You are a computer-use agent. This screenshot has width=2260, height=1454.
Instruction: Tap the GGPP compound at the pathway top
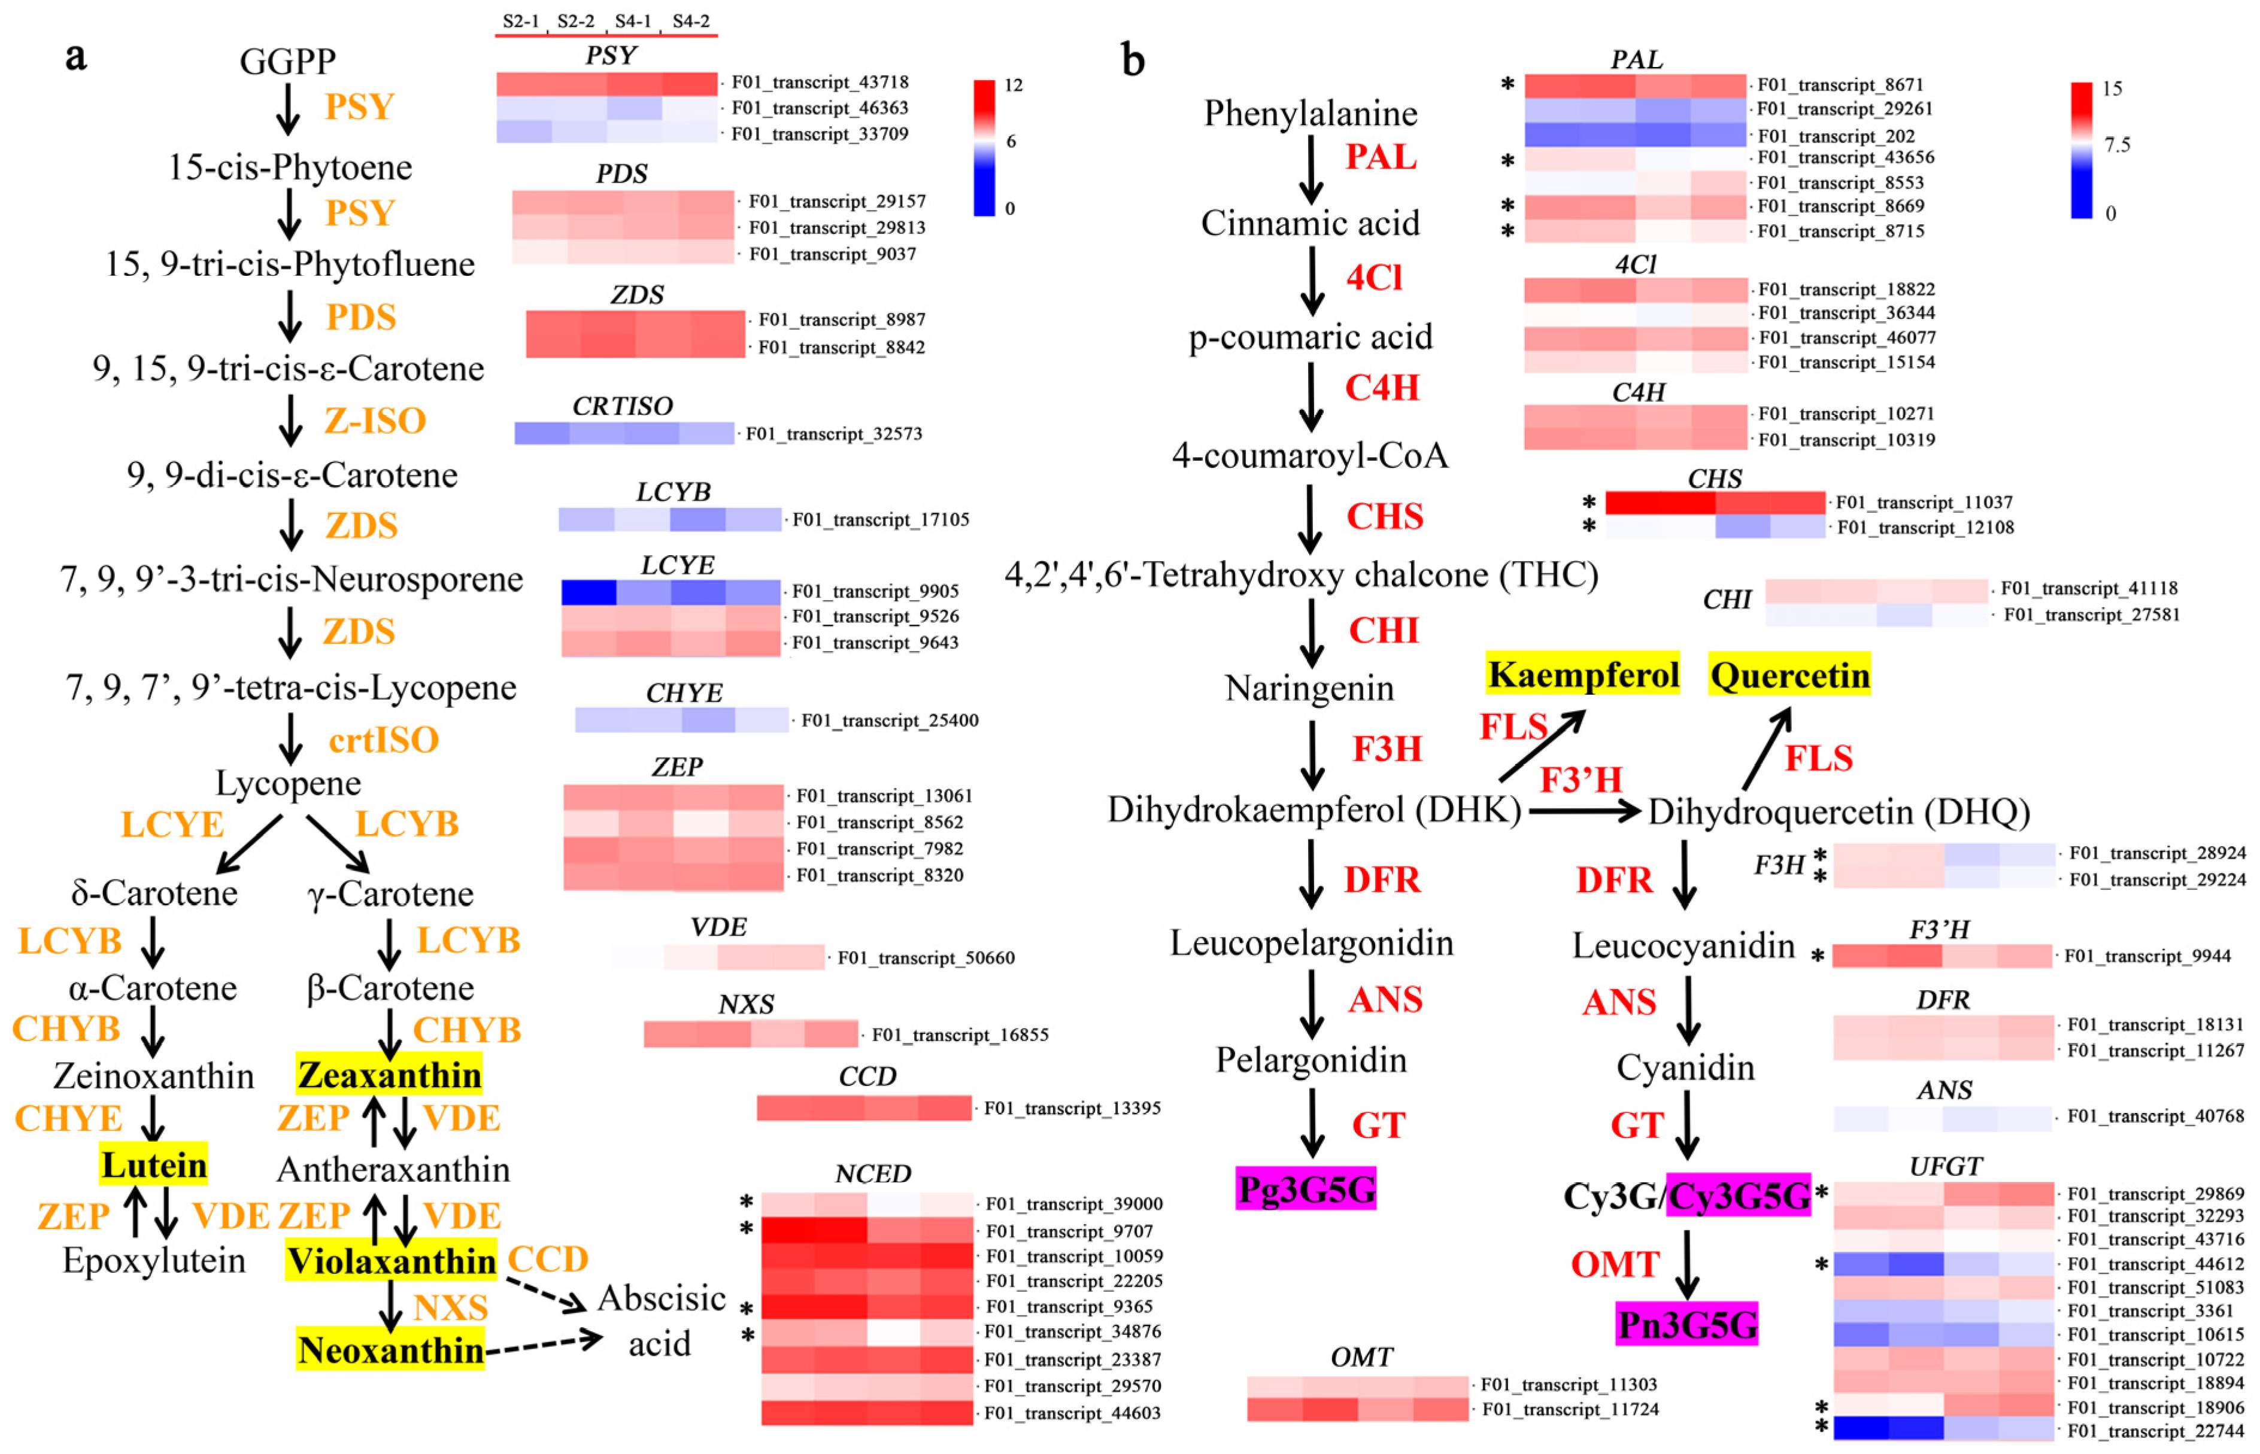pyautogui.click(x=287, y=62)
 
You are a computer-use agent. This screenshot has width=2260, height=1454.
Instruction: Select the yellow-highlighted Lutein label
pyautogui.click(x=154, y=1165)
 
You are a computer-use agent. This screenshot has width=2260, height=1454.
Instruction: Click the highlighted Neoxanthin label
pyautogui.click(x=390, y=1350)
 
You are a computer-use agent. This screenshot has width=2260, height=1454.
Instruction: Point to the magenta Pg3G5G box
pyautogui.click(x=1306, y=1189)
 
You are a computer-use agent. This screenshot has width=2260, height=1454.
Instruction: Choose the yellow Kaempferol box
pyautogui.click(x=1583, y=674)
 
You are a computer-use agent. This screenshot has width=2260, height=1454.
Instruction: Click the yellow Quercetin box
pyautogui.click(x=1789, y=675)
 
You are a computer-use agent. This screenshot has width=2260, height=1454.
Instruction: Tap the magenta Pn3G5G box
pyautogui.click(x=1686, y=1324)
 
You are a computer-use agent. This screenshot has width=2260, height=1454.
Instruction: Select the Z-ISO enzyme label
pyautogui.click(x=375, y=420)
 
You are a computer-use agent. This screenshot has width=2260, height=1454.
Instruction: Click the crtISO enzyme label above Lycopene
pyautogui.click(x=383, y=740)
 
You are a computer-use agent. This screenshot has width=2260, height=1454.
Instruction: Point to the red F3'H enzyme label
pyautogui.click(x=1581, y=780)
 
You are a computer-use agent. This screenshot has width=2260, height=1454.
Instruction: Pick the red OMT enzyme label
pyautogui.click(x=1615, y=1264)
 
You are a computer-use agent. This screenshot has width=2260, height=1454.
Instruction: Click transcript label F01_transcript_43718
pyautogui.click(x=820, y=82)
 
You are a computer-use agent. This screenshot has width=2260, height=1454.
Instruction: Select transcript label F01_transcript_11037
pyautogui.click(x=1924, y=502)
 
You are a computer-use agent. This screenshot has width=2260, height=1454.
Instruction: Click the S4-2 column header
pyautogui.click(x=690, y=21)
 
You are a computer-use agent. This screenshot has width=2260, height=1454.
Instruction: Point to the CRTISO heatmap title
pyautogui.click(x=623, y=406)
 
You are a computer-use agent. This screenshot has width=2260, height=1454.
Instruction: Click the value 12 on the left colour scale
pyautogui.click(x=1014, y=85)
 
